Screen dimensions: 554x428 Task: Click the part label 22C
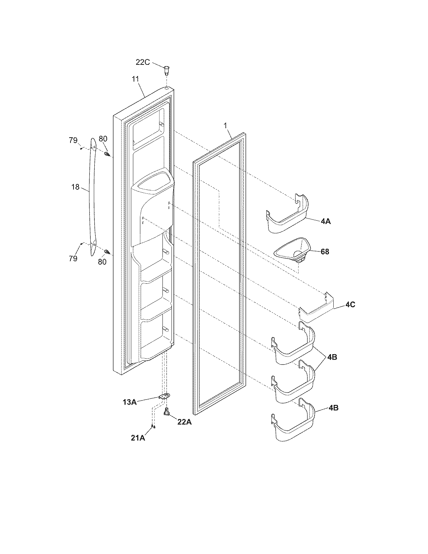(x=143, y=62)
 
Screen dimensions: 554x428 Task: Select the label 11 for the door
(x=135, y=79)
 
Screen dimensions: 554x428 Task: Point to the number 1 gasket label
(x=226, y=126)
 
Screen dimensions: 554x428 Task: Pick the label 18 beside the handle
(x=76, y=187)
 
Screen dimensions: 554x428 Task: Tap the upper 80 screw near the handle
(x=107, y=154)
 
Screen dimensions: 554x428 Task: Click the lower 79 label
(x=73, y=258)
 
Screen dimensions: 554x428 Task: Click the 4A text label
(x=325, y=221)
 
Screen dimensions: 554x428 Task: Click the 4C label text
(x=350, y=305)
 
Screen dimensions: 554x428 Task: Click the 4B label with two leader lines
(x=332, y=357)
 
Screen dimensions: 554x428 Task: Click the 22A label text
(x=184, y=422)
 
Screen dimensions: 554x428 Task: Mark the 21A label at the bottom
(x=138, y=438)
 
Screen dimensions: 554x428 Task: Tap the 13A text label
(x=130, y=402)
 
